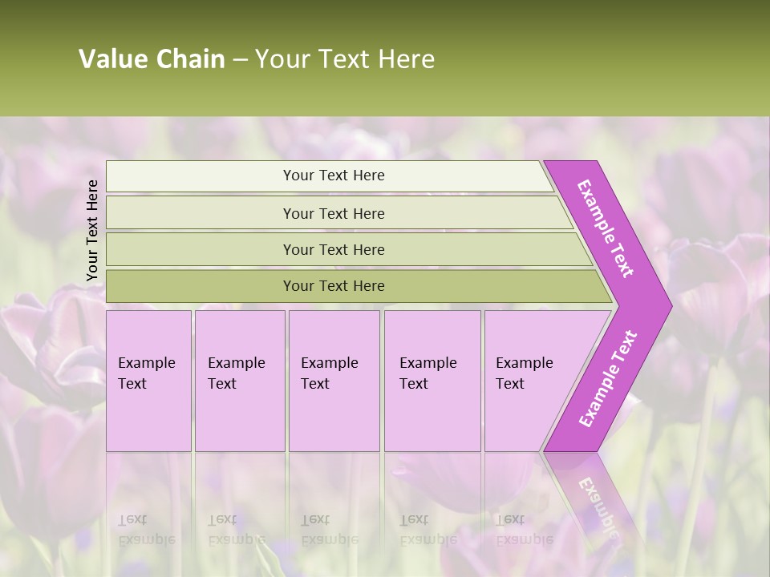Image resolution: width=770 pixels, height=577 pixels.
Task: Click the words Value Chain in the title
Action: pyautogui.click(x=152, y=59)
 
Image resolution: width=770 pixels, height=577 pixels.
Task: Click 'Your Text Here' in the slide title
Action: pyautogui.click(x=345, y=59)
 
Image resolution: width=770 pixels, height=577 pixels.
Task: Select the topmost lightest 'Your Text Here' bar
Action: pyautogui.click(x=333, y=176)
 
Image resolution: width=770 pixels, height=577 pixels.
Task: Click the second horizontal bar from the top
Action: pyautogui.click(x=334, y=213)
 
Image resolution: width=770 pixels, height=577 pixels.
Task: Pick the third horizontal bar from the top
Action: pyautogui.click(x=334, y=249)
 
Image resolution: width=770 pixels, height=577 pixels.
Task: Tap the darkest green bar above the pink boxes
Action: pyautogui.click(x=334, y=286)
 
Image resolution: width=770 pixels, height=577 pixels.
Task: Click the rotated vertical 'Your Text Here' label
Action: pyautogui.click(x=92, y=230)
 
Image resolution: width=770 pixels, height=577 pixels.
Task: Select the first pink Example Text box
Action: pyautogui.click(x=148, y=381)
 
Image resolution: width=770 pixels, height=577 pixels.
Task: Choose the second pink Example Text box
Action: pyautogui.click(x=239, y=381)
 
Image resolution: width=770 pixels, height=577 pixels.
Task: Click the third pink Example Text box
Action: pyautogui.click(x=334, y=381)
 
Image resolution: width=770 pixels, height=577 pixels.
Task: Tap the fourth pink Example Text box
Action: pyautogui.click(x=432, y=381)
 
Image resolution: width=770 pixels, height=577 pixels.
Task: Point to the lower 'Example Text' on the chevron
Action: pyautogui.click(x=608, y=379)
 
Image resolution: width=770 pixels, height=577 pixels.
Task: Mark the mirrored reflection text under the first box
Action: pyautogui.click(x=146, y=530)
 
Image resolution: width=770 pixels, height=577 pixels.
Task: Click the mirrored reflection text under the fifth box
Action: pyautogui.click(x=524, y=530)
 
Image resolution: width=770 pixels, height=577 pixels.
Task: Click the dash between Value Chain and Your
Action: pyautogui.click(x=240, y=59)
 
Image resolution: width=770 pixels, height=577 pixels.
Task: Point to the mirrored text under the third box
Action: pyautogui.click(x=329, y=530)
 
